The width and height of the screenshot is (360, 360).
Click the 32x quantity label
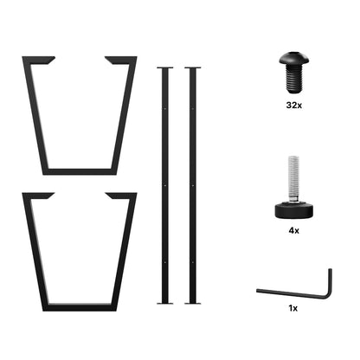(x=294, y=106)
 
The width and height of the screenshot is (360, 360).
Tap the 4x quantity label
(x=293, y=230)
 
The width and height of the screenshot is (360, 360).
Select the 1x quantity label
(x=293, y=308)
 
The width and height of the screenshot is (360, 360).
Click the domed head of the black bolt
(x=294, y=58)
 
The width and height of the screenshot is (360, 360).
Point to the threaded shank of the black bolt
(x=294, y=78)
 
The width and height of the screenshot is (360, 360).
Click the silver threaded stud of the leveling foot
(x=294, y=179)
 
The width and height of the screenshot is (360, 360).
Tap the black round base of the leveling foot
(x=294, y=210)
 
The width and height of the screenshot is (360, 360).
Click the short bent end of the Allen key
(x=330, y=283)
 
